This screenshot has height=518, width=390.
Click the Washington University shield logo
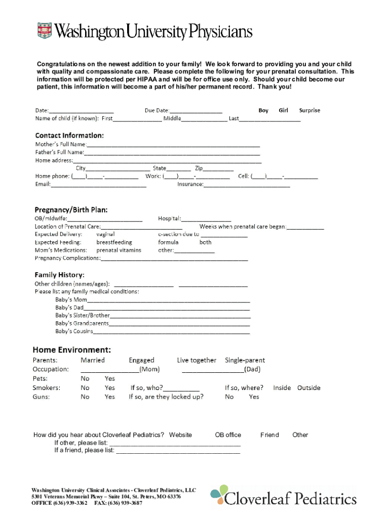pyautogui.click(x=45, y=31)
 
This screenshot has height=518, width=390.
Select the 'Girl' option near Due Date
pyautogui.click(x=283, y=110)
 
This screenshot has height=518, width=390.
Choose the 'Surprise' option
pyautogui.click(x=309, y=110)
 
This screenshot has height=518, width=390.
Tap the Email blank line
pyautogui.click(x=98, y=185)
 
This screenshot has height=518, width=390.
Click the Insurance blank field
pyautogui.click(x=247, y=185)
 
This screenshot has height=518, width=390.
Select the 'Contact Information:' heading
pyautogui.click(x=69, y=136)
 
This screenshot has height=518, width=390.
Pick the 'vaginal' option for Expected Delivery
pyautogui.click(x=105, y=234)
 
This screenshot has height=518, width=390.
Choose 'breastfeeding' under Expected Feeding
pyautogui.click(x=114, y=242)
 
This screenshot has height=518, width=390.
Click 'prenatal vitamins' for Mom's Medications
pyautogui.click(x=119, y=250)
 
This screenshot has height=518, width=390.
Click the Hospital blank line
pyautogui.click(x=206, y=219)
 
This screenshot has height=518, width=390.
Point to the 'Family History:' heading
pyautogui.click(x=59, y=275)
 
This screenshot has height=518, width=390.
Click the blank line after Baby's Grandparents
pyautogui.click(x=179, y=323)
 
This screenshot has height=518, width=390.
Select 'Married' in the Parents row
pyautogui.click(x=93, y=360)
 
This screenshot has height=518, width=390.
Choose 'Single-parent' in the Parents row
pyautogui.click(x=245, y=360)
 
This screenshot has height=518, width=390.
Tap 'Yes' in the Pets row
pyautogui.click(x=110, y=378)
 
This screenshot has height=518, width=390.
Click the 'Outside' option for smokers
pyautogui.click(x=308, y=388)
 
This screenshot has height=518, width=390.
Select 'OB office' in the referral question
pyautogui.click(x=228, y=435)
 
